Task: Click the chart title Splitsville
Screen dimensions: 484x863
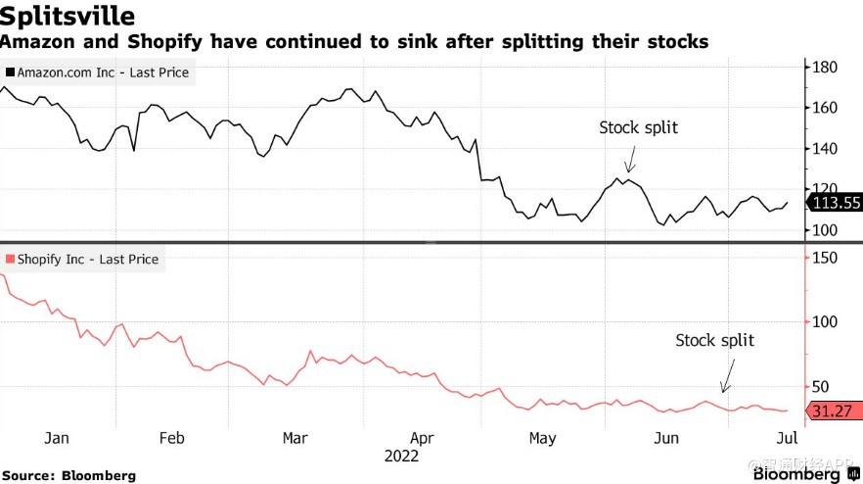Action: tap(68, 17)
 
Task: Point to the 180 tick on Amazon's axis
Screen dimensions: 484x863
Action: tap(824, 67)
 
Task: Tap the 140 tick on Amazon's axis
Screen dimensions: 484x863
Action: tap(824, 149)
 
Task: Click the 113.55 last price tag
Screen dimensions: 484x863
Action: tap(834, 204)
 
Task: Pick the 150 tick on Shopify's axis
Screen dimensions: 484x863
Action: tap(824, 257)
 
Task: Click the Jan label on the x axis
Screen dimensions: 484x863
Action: tap(57, 437)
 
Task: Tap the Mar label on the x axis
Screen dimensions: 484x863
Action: tap(296, 437)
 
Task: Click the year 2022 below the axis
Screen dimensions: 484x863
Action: tap(401, 456)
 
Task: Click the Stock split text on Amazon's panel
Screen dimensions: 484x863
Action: tap(638, 127)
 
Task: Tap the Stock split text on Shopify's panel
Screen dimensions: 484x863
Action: tap(714, 340)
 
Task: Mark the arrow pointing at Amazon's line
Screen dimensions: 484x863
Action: tap(630, 160)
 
